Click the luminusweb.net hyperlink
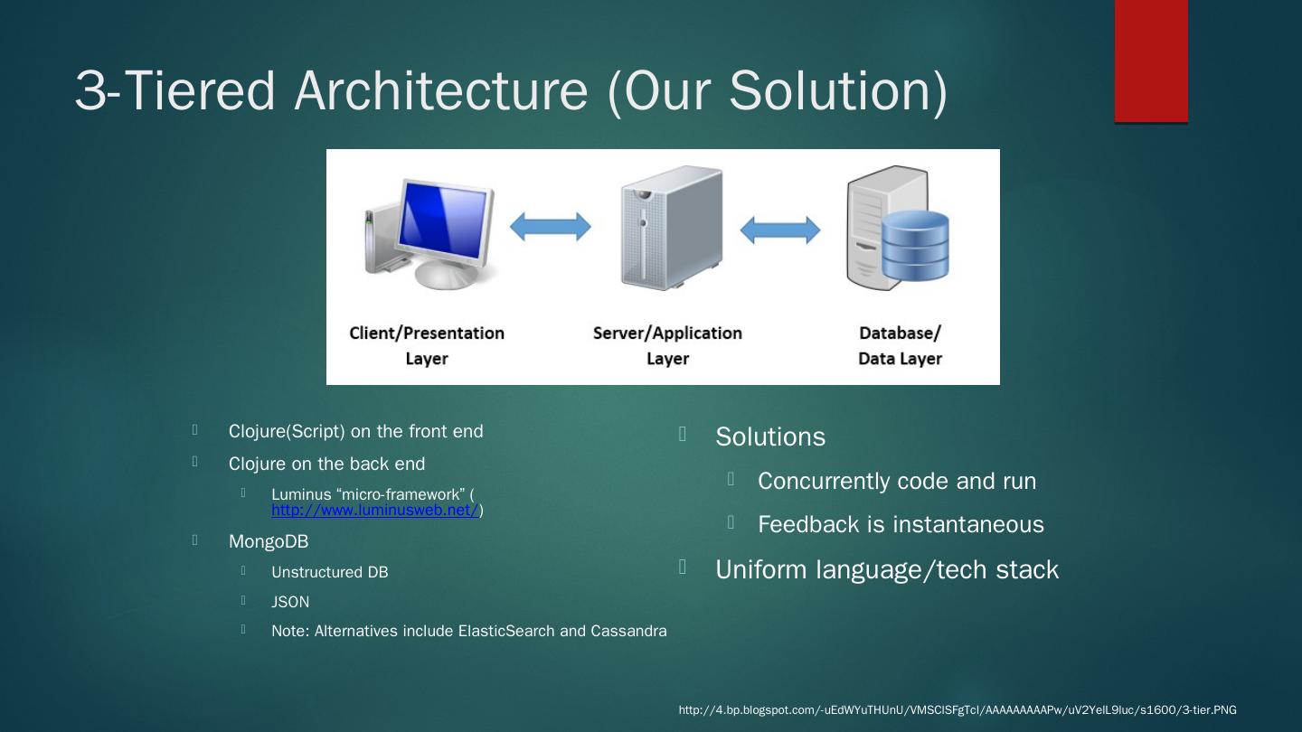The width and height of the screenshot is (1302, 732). click(x=374, y=511)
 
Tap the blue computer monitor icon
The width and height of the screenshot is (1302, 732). click(x=443, y=221)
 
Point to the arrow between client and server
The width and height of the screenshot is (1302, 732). click(x=550, y=227)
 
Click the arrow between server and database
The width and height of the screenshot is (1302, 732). click(x=779, y=230)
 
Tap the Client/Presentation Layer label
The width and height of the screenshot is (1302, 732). click(x=427, y=345)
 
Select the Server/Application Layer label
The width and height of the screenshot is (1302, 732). click(x=667, y=345)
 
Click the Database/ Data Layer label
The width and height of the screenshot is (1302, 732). click(x=900, y=345)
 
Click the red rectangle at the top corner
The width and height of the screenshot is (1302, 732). click(x=1150, y=60)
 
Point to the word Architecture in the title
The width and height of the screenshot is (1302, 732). click(x=441, y=90)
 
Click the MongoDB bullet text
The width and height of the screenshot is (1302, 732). click(x=269, y=541)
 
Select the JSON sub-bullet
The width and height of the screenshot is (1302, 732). click(x=290, y=602)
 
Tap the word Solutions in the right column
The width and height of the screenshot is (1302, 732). click(x=770, y=436)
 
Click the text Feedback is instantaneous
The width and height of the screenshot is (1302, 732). click(x=901, y=524)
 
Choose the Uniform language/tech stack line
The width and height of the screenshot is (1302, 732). click(x=886, y=569)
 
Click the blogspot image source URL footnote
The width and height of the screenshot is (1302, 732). click(x=958, y=710)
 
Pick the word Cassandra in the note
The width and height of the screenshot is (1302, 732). click(x=628, y=631)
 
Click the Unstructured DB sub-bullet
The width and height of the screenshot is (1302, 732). click(x=329, y=572)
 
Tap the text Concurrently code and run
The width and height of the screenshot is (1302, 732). click(x=897, y=481)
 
